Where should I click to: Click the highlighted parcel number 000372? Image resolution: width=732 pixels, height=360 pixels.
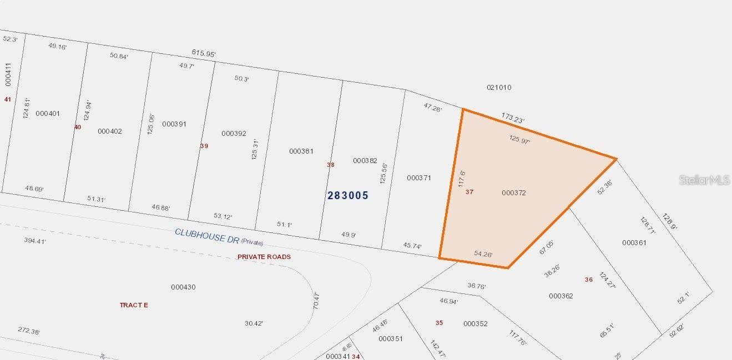tap(513, 193)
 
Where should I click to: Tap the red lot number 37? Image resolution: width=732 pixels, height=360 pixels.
tap(470, 192)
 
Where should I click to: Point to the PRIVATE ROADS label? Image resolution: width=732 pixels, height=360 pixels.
tap(264, 257)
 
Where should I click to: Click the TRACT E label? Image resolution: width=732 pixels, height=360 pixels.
tap(134, 305)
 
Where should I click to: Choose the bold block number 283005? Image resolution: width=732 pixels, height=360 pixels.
tap(348, 195)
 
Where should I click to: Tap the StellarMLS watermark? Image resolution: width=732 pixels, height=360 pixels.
tap(705, 180)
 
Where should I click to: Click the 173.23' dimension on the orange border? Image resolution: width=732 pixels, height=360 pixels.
tap(513, 118)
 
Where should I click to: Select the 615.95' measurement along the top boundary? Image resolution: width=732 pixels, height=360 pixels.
tap(204, 53)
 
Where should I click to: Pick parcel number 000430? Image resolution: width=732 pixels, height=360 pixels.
tap(183, 287)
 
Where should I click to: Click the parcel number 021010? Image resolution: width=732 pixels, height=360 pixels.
tap(499, 88)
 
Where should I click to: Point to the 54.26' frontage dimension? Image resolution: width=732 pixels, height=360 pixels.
tap(483, 254)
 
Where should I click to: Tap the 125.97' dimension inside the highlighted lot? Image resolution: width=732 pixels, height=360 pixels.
tap(519, 140)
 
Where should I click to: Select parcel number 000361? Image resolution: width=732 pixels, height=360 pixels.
tap(634, 243)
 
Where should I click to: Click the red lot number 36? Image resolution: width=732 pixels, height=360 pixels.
tap(589, 280)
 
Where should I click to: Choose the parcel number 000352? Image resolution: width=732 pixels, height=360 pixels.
tap(475, 324)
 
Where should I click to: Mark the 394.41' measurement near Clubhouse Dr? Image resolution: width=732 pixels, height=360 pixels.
tap(35, 241)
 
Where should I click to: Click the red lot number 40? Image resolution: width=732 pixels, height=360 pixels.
tap(78, 127)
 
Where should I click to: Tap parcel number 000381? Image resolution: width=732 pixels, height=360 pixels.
tap(301, 151)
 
